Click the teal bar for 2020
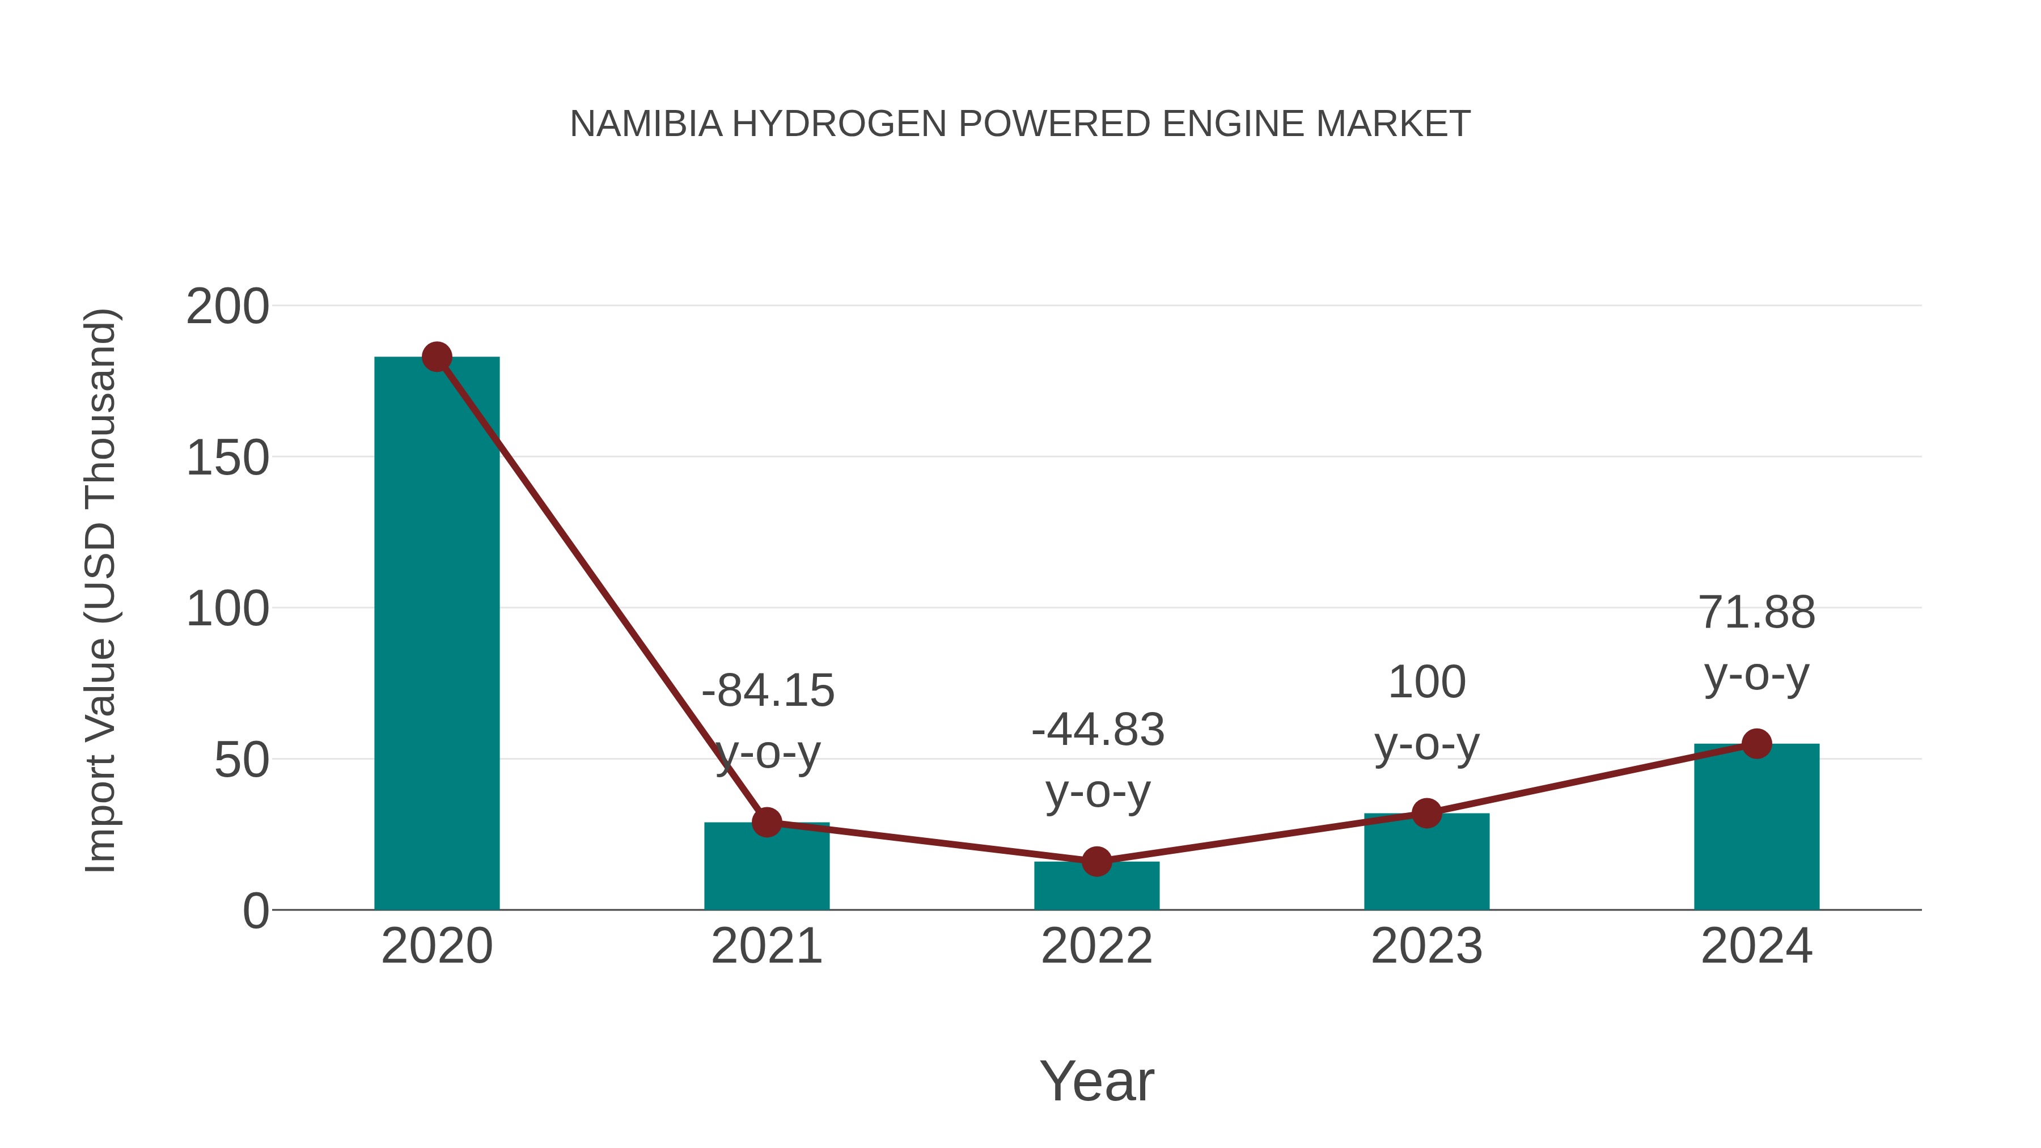(x=437, y=634)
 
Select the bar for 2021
(x=766, y=867)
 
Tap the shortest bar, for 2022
(x=1096, y=887)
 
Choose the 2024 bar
(x=1756, y=827)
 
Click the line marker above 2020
(x=437, y=357)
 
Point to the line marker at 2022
(x=1096, y=861)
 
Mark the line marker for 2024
(x=1756, y=744)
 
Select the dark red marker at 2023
(x=1426, y=813)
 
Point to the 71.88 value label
(x=1756, y=613)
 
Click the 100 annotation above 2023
(x=1426, y=682)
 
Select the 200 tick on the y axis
(x=227, y=307)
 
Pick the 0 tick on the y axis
(x=256, y=911)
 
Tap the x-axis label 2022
(x=1096, y=946)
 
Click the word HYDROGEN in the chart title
(x=839, y=124)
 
